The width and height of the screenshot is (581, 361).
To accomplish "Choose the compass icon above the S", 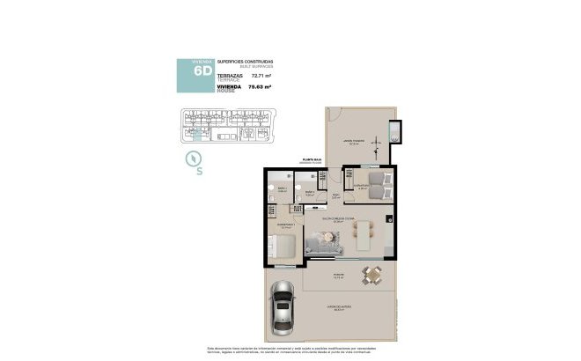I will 194,158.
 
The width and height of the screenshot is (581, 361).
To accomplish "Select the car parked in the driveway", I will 283,306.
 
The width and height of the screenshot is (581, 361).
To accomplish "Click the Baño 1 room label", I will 282,188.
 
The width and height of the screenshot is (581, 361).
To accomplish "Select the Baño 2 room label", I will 309,193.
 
